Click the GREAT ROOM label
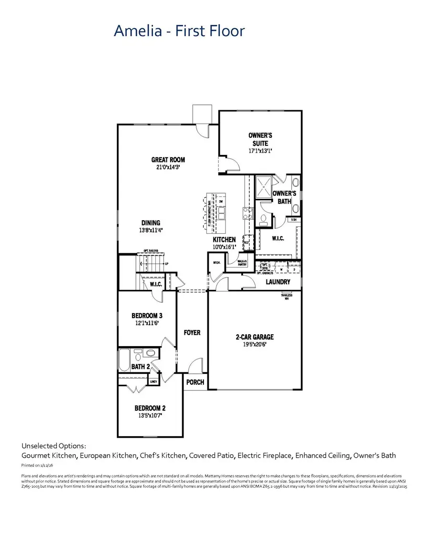click(x=168, y=160)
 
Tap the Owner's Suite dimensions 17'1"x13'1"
click(x=260, y=151)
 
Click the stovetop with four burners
click(x=247, y=213)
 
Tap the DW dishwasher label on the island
click(x=221, y=202)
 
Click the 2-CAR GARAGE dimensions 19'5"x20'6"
click(x=255, y=345)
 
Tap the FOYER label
click(x=192, y=332)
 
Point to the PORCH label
click(x=195, y=382)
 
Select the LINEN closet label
click(x=153, y=381)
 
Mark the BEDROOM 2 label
click(x=150, y=408)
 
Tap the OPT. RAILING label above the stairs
click(x=151, y=250)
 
